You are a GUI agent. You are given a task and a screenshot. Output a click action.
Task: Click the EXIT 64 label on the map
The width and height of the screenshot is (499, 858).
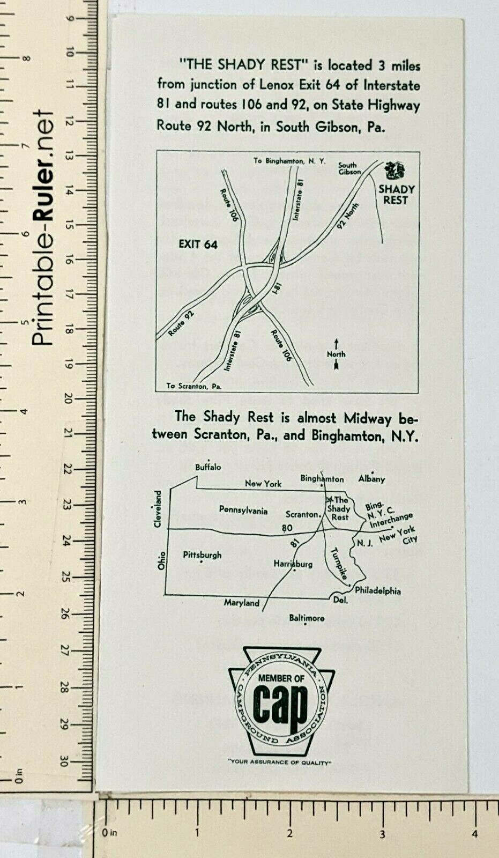click(x=198, y=245)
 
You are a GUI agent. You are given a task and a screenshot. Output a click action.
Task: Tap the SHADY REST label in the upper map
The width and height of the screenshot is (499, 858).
click(x=396, y=195)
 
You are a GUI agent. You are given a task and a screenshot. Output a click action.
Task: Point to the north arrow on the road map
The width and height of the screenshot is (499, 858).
click(x=336, y=354)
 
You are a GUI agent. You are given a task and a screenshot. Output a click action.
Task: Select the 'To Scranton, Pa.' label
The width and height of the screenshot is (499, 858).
click(x=193, y=386)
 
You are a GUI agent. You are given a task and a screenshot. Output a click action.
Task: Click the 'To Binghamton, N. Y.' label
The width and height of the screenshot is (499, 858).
click(x=289, y=161)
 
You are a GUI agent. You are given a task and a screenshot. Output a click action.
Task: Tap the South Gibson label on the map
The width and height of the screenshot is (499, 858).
click(x=349, y=169)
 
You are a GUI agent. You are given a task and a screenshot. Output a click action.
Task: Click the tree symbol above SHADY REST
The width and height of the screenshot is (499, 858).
click(x=395, y=171)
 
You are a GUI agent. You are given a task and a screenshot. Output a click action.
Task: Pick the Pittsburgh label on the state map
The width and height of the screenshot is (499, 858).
click(x=202, y=555)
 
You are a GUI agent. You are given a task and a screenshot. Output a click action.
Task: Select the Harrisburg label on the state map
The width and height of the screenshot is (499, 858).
click(x=293, y=564)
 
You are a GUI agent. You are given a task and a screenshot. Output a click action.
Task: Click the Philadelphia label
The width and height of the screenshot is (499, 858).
click(x=377, y=591)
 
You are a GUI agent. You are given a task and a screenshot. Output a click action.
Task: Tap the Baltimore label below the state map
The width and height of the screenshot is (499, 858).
click(x=307, y=618)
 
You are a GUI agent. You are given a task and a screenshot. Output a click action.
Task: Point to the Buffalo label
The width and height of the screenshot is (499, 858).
click(x=208, y=467)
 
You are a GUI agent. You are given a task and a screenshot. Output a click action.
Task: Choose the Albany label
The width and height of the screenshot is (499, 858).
click(x=371, y=479)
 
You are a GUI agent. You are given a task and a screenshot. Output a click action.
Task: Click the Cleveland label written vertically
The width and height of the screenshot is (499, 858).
click(x=158, y=509)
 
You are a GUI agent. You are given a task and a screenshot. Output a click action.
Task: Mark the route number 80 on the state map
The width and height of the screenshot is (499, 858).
click(x=287, y=528)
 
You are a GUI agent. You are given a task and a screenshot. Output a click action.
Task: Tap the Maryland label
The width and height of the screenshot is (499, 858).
click(x=241, y=603)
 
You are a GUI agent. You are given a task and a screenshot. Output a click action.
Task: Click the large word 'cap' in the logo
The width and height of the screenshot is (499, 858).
click(x=280, y=704)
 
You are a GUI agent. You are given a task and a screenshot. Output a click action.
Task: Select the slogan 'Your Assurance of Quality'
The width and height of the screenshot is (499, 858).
click(x=280, y=762)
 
